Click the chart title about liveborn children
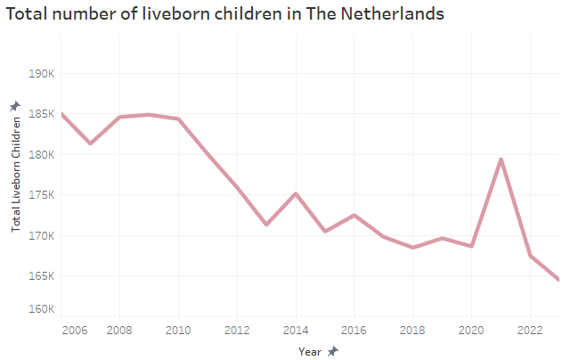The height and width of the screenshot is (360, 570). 224,14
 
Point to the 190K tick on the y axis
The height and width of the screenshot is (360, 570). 43,74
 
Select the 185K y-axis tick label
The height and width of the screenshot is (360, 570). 43,114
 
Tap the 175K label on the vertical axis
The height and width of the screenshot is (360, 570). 43,195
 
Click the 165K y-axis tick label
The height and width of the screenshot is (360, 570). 43,276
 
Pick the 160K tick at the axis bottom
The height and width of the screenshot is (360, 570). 43,309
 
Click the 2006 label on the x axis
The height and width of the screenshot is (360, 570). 75,330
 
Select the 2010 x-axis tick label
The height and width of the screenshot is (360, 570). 178,330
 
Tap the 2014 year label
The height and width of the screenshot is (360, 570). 296,330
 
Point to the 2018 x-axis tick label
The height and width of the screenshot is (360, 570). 412,330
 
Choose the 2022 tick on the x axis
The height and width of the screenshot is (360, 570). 530,330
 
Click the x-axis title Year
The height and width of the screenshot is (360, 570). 310,351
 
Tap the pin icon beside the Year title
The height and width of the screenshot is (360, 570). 333,351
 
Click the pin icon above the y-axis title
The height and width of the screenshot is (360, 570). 15,107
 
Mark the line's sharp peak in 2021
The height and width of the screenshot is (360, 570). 501,160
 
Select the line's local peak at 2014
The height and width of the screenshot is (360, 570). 296,193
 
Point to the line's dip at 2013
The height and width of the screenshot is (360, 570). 266,225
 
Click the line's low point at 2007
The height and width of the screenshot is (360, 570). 91,143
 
